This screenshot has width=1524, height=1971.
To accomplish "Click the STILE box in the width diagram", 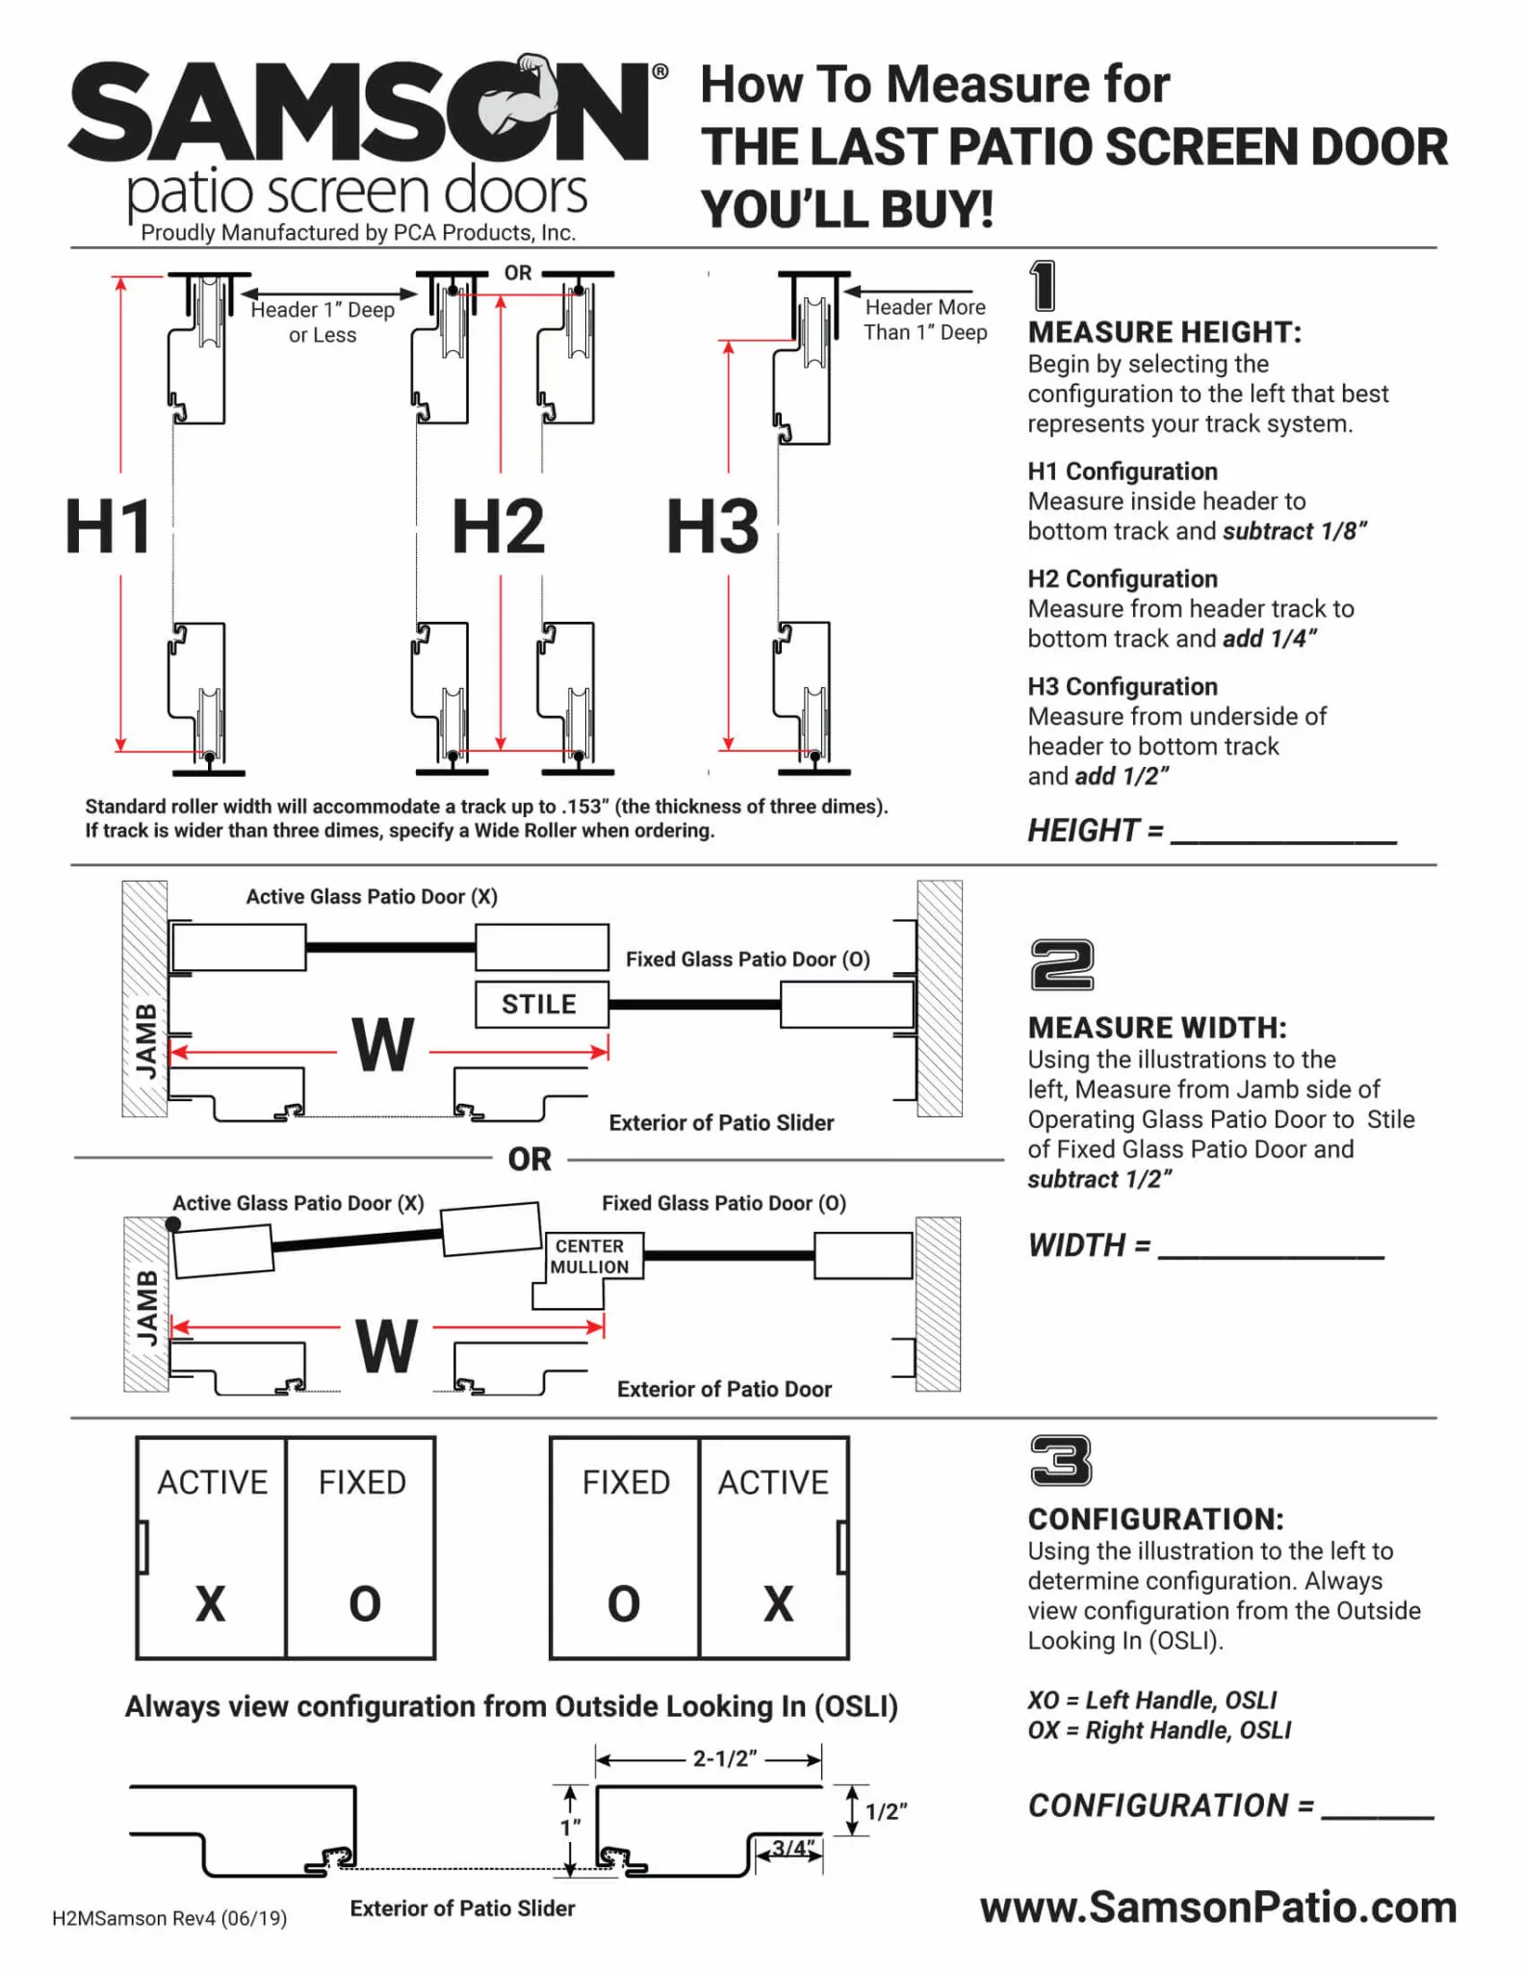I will coord(541,1004).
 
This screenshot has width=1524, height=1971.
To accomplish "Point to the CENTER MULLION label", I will coord(589,1256).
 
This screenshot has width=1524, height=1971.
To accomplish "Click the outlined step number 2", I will coord(1062,964).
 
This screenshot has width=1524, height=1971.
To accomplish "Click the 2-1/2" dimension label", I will coord(725,1758).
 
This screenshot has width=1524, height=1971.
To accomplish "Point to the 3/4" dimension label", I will coord(792,1848).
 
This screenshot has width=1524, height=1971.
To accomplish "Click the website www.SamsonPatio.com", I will coord(1218,1907).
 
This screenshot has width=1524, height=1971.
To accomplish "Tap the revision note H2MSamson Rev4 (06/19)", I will coord(169,1918).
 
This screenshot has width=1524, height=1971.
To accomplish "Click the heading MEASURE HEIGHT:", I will coord(1164,332).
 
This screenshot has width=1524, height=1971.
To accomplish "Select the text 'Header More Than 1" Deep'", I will coord(924,320).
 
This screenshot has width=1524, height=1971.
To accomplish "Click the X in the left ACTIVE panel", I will coord(210,1603).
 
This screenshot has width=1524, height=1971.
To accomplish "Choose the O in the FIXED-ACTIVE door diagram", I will coord(624,1603).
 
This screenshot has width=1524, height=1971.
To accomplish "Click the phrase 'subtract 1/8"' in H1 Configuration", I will coord(1294,531).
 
